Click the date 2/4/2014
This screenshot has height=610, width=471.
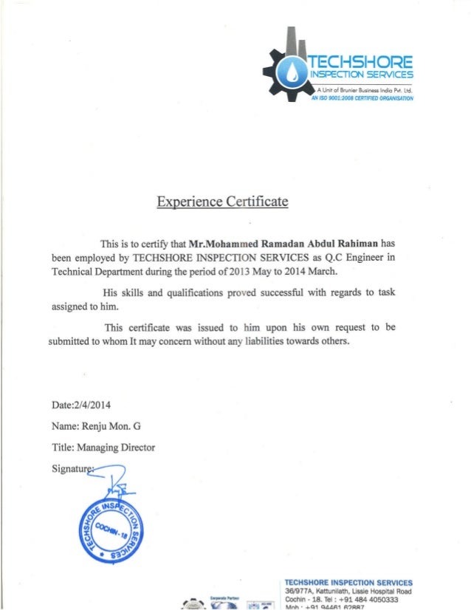pos(89,404)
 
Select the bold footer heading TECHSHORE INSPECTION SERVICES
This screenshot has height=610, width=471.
pos(348,582)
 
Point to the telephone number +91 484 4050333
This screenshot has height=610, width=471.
pos(358,600)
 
